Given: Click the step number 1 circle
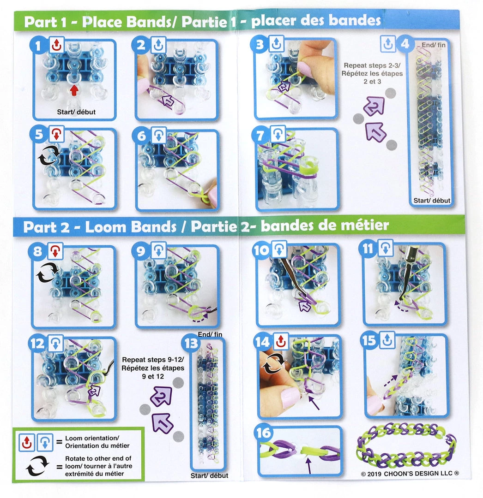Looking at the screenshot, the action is [x=38, y=46].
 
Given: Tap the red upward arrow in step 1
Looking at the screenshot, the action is [x=74, y=90].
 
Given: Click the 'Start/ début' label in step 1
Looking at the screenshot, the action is [x=76, y=112].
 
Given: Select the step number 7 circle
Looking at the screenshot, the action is [x=260, y=136].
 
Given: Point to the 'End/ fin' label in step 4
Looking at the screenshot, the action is [x=434, y=45].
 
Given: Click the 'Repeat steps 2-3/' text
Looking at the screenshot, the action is [x=372, y=65].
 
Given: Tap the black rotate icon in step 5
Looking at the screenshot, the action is [x=49, y=155].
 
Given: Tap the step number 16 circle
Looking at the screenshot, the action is [x=264, y=433].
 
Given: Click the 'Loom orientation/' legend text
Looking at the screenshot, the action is [x=92, y=439].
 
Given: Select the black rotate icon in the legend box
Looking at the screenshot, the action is [x=37, y=466].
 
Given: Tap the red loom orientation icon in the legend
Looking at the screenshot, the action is [x=27, y=442].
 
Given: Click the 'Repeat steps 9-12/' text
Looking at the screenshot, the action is [x=153, y=360].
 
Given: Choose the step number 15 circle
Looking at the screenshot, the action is [x=369, y=340].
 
